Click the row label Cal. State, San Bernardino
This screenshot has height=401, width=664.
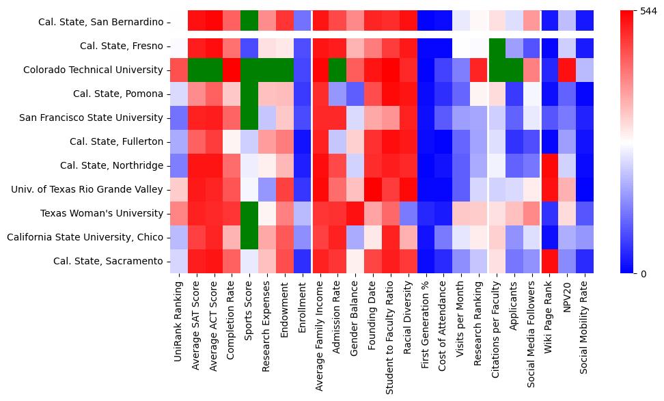(96, 22)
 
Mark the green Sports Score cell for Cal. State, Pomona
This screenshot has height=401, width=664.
(249, 94)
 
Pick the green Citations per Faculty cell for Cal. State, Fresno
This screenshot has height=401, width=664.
(497, 46)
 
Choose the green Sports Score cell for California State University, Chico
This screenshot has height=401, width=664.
(249, 237)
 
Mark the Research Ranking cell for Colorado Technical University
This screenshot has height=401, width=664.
(479, 70)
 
